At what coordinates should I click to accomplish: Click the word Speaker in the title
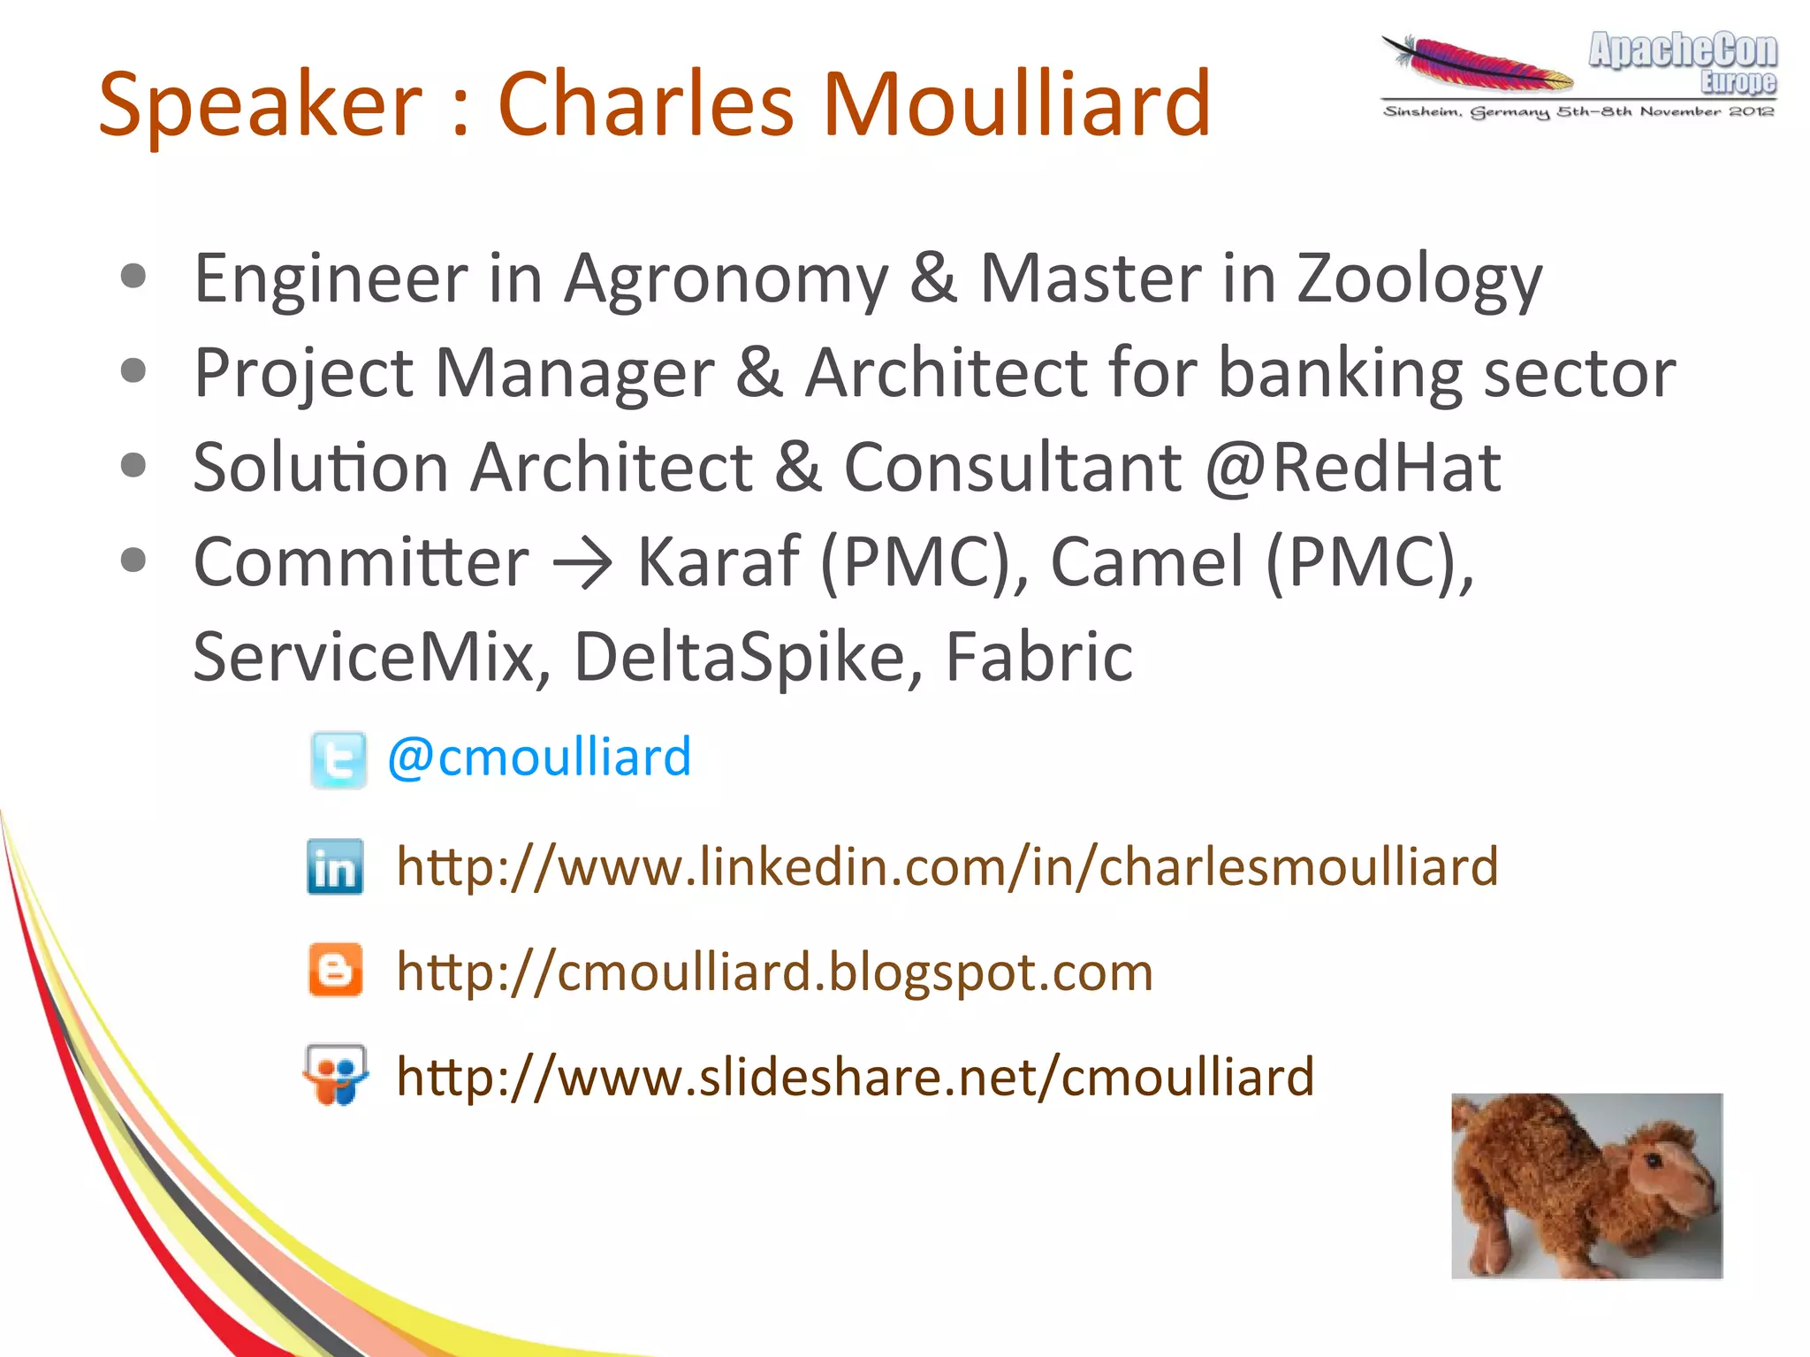click(261, 106)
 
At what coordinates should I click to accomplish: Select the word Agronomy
click(726, 279)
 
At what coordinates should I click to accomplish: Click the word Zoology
click(1419, 279)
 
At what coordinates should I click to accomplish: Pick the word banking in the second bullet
click(1339, 373)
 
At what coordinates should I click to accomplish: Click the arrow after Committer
click(582, 564)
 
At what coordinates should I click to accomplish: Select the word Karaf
click(718, 562)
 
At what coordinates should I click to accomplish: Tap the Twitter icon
click(338, 759)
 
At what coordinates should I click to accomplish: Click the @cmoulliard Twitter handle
click(539, 758)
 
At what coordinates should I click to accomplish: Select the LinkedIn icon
click(335, 866)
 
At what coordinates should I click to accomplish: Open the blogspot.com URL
click(774, 972)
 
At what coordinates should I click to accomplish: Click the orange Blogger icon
click(335, 970)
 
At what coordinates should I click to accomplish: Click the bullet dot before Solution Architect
click(133, 465)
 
